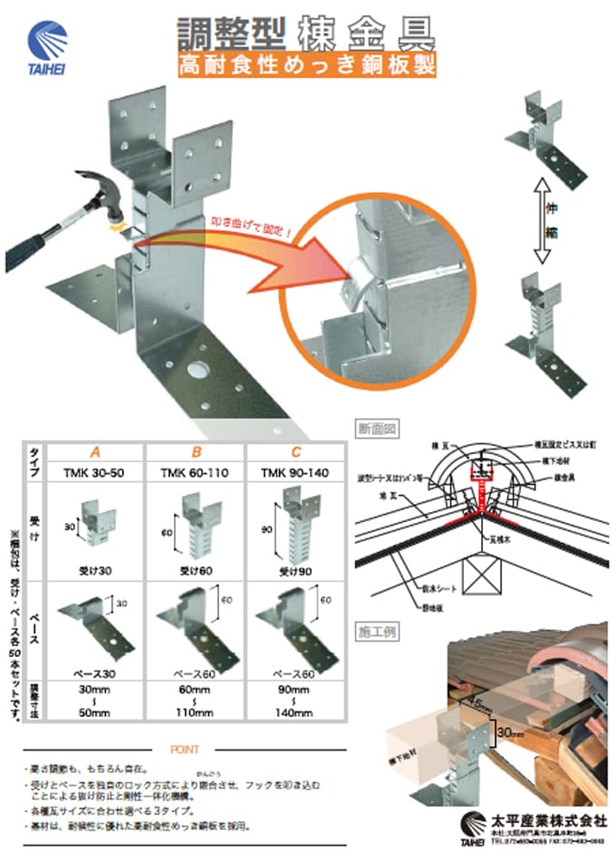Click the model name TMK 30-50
pyautogui.click(x=94, y=471)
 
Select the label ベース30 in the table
pyautogui.click(x=94, y=673)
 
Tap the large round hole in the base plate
pyautogui.click(x=194, y=370)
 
